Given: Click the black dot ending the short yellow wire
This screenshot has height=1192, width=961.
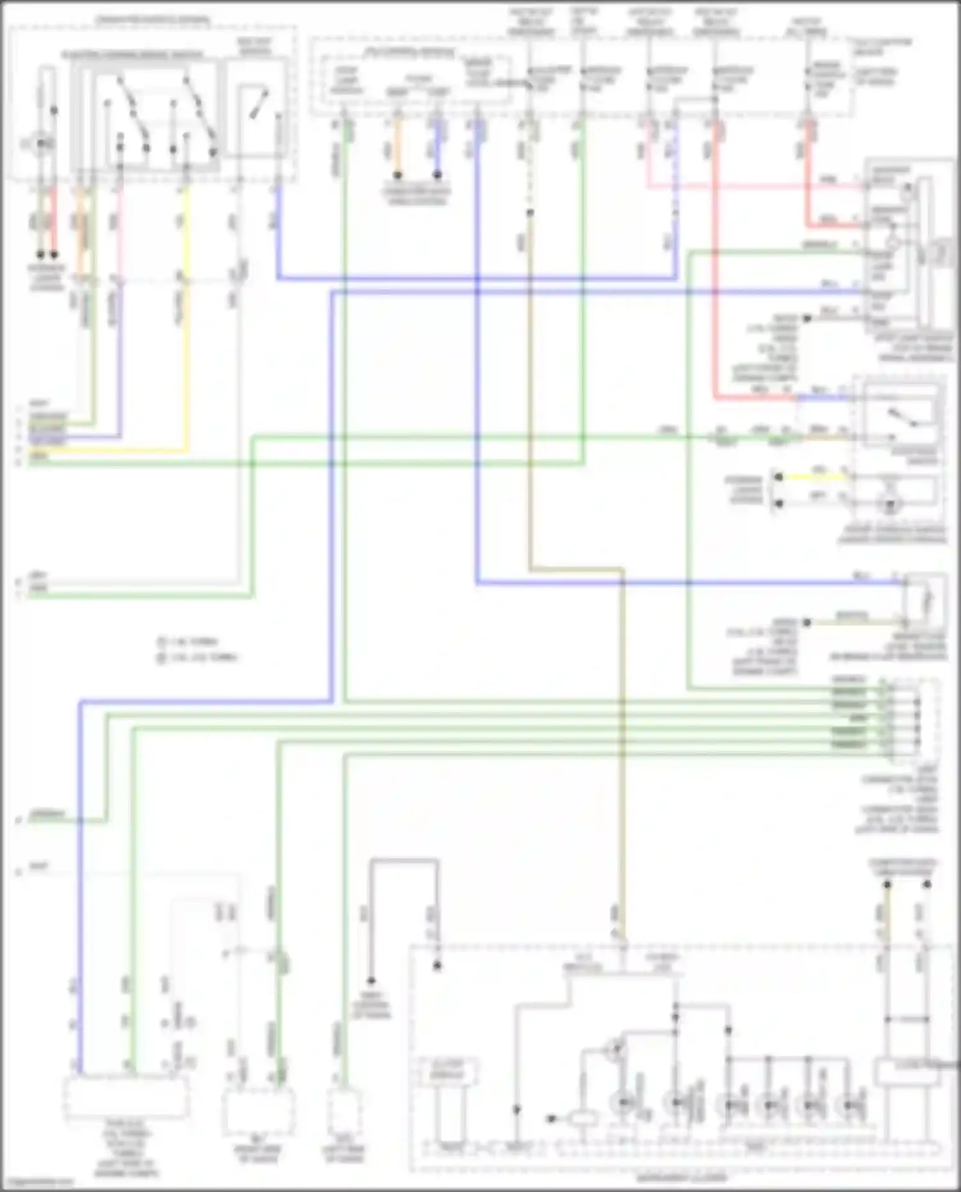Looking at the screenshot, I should pyautogui.click(x=778, y=477).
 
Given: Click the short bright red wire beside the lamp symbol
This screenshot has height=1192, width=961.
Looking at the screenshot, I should pyautogui.click(x=54, y=218).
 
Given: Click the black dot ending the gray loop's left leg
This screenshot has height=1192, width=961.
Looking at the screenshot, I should pyautogui.click(x=371, y=981).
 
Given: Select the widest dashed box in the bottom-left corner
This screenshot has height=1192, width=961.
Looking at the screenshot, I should pyautogui.click(x=126, y=1096).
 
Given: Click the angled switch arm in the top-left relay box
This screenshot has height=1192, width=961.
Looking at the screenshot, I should pyautogui.click(x=259, y=102).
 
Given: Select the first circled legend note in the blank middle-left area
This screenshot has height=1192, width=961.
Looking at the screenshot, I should pyautogui.click(x=161, y=641).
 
